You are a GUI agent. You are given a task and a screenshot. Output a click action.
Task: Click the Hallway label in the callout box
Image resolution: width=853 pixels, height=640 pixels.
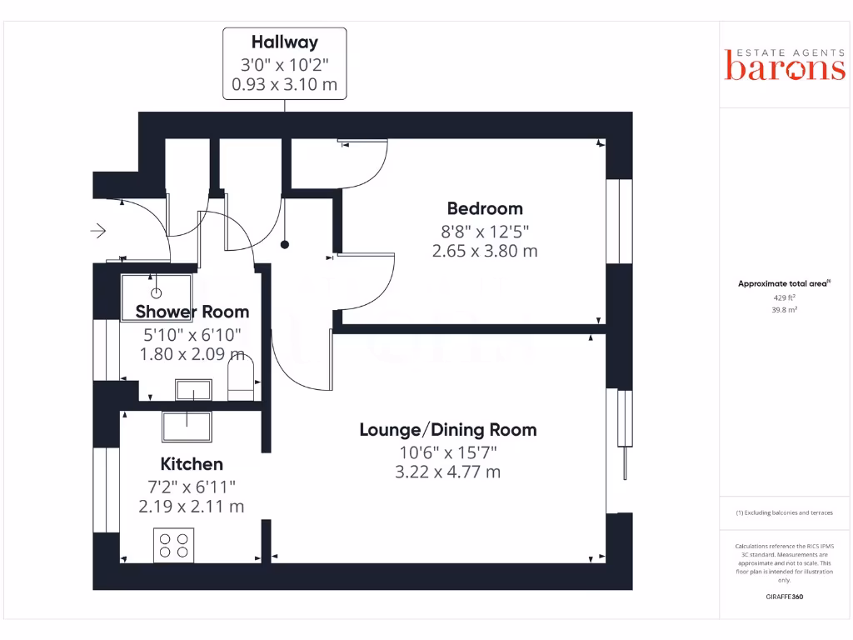coord(285,42)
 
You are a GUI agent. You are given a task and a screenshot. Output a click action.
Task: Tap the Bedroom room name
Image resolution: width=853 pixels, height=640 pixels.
coord(485,208)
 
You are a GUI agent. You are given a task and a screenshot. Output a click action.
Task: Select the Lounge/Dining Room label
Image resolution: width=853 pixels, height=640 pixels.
coord(447,430)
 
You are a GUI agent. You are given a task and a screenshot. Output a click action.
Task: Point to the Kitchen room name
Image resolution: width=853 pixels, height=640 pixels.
coord(192,464)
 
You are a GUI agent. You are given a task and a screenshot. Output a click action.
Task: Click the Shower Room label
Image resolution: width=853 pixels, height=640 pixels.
coord(192,312)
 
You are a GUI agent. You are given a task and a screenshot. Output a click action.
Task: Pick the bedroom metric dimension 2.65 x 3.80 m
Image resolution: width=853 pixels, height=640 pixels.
coord(485,250)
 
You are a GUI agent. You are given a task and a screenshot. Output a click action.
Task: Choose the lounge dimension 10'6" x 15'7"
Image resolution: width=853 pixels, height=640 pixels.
coord(447,452)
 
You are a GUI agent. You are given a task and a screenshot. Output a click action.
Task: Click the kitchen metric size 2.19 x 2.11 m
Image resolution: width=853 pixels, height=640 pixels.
coord(192,506)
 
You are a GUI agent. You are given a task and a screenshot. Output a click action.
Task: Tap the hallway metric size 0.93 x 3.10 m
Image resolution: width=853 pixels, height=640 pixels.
coord(285,84)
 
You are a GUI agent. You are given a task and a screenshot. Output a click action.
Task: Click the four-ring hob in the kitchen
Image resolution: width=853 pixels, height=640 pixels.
coord(174,545)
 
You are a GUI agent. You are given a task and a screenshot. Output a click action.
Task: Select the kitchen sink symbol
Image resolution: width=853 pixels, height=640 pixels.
coord(186,426)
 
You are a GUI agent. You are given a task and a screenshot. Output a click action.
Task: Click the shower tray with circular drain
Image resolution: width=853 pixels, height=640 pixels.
coord(157,292)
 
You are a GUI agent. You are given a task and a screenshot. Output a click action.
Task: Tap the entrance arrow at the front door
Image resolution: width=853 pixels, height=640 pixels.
coord(99,230)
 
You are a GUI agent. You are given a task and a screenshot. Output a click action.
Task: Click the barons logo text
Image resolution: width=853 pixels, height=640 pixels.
coord(785,68)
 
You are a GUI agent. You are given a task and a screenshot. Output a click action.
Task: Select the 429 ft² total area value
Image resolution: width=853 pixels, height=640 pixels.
coord(784,297)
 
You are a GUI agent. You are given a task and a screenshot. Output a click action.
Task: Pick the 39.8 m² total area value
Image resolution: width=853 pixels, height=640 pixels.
coord(784,309)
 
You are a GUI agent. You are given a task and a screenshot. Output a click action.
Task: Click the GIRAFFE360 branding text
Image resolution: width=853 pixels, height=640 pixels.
coord(784,597)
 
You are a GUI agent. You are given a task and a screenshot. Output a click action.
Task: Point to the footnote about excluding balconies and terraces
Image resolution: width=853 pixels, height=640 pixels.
coord(784,512)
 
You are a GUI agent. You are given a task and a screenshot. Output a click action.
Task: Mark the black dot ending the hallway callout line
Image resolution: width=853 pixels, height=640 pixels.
coord(285,245)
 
